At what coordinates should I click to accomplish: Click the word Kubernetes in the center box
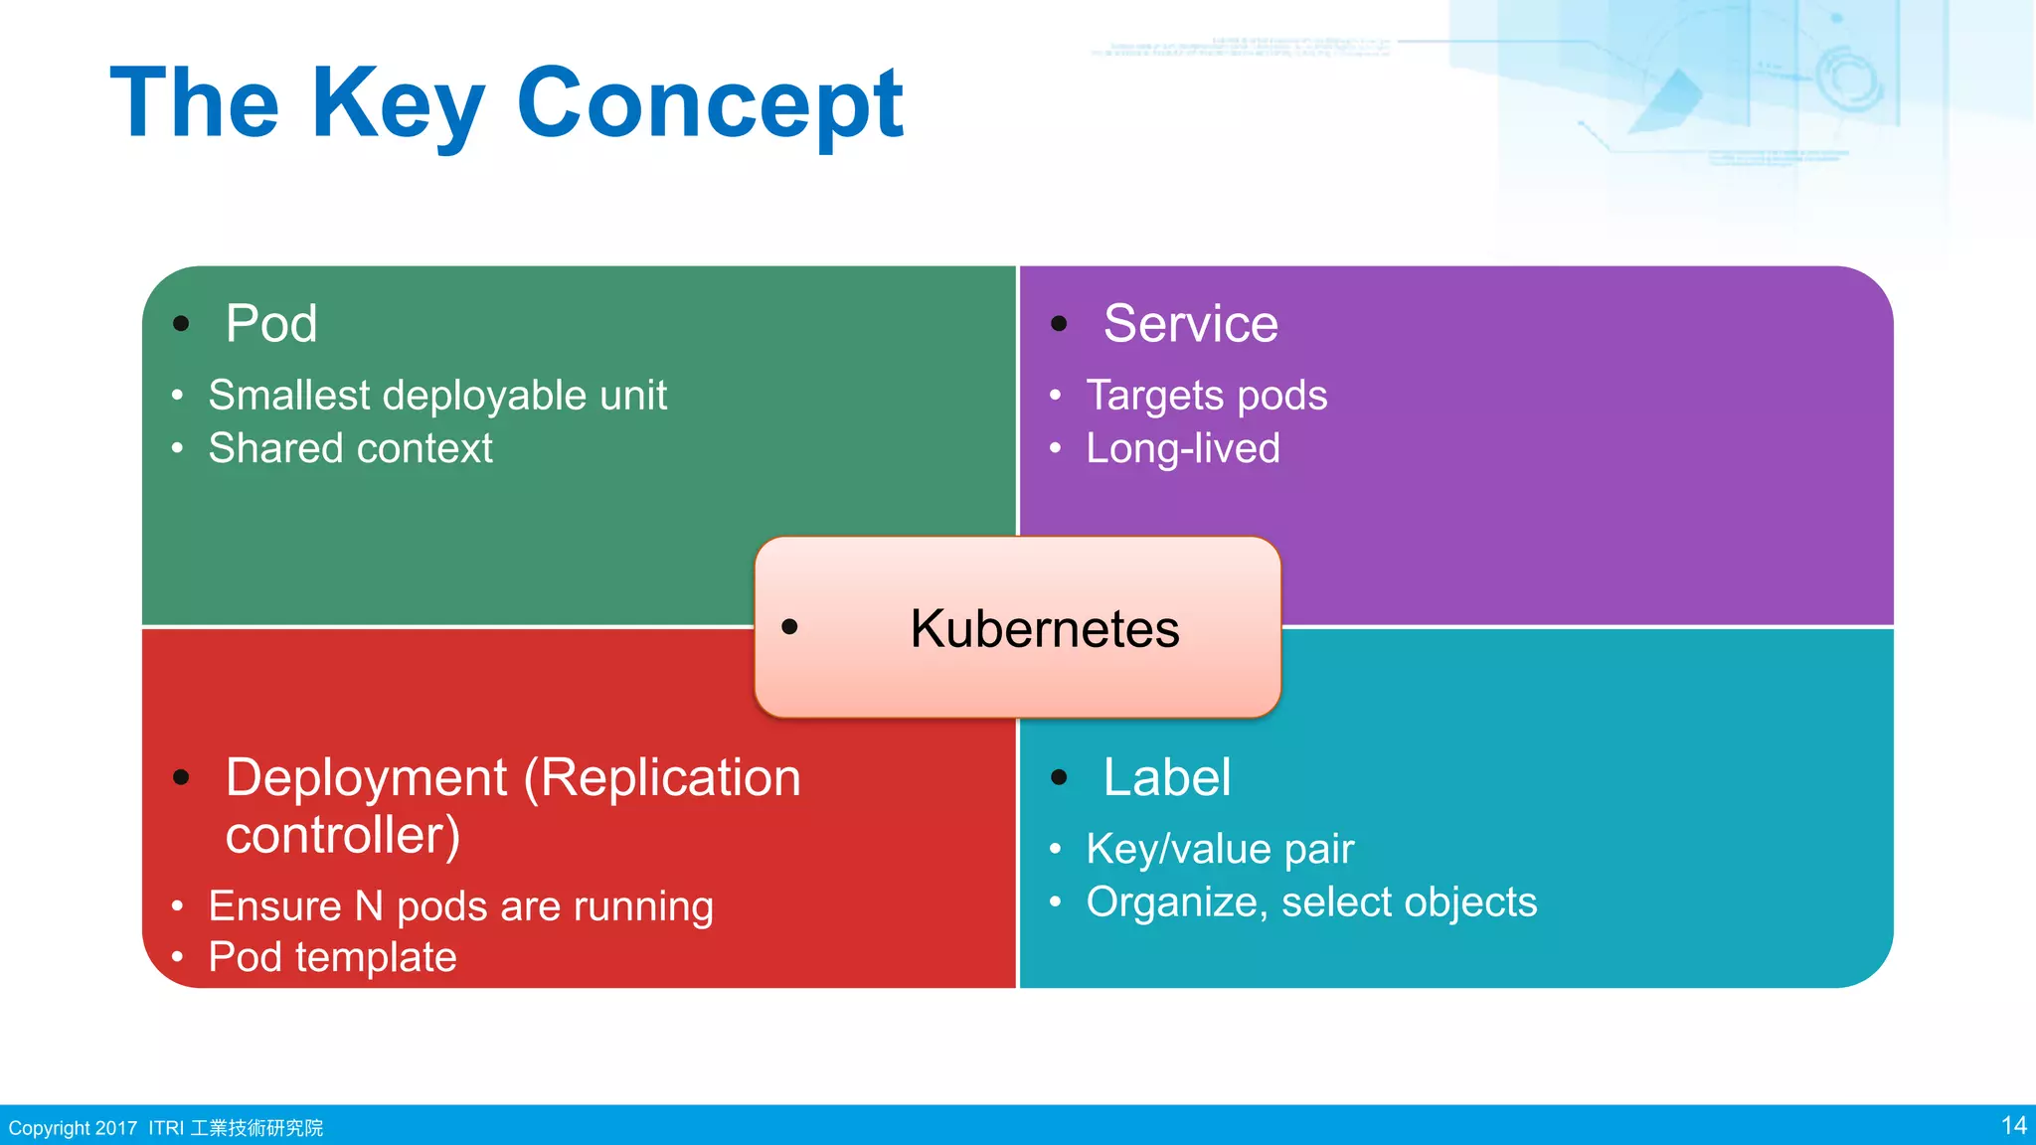pyautogui.click(x=1044, y=629)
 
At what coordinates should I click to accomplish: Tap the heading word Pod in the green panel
pyautogui.click(x=270, y=324)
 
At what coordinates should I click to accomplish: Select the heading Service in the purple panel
pyautogui.click(x=1190, y=324)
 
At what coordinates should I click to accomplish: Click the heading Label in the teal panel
pyautogui.click(x=1166, y=777)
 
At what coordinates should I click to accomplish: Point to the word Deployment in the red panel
pyautogui.click(x=366, y=777)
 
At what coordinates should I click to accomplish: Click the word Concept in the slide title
pyautogui.click(x=709, y=103)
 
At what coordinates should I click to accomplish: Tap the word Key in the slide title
pyautogui.click(x=398, y=103)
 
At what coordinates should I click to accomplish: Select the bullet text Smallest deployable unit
pyautogui.click(x=437, y=396)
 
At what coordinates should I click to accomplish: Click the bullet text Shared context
pyautogui.click(x=350, y=448)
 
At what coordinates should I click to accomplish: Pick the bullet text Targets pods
pyautogui.click(x=1206, y=396)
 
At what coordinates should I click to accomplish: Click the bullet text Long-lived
pyautogui.click(x=1182, y=448)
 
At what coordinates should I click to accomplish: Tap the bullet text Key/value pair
pyautogui.click(x=1220, y=849)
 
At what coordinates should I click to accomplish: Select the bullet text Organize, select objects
pyautogui.click(x=1310, y=902)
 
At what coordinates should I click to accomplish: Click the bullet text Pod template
pyautogui.click(x=332, y=957)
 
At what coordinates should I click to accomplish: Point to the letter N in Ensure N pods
pyautogui.click(x=369, y=906)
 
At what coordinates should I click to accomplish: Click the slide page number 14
pyautogui.click(x=2013, y=1125)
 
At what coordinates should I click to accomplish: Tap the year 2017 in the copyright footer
pyautogui.click(x=116, y=1128)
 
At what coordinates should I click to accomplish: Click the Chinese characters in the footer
pyautogui.click(x=256, y=1128)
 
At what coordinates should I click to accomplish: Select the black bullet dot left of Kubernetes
pyautogui.click(x=789, y=626)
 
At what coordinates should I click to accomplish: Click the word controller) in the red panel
pyautogui.click(x=343, y=835)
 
